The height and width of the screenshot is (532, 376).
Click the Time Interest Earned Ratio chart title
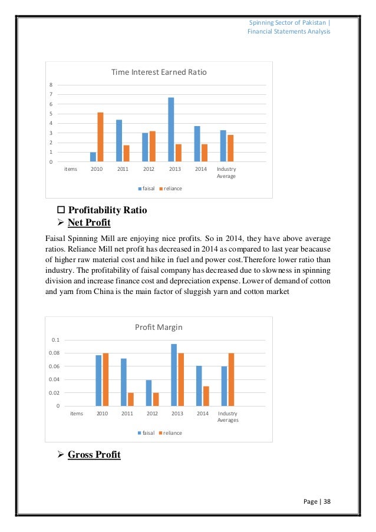[x=160, y=72]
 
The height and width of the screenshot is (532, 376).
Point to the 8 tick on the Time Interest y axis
[x=51, y=85]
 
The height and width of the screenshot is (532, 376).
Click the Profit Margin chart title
[x=160, y=327]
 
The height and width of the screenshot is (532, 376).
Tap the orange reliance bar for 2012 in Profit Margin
[x=156, y=399]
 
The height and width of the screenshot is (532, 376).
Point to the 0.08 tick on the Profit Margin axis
[x=54, y=353]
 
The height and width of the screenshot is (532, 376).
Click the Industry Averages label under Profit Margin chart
[x=227, y=417]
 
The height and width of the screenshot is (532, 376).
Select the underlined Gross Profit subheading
[x=94, y=454]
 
